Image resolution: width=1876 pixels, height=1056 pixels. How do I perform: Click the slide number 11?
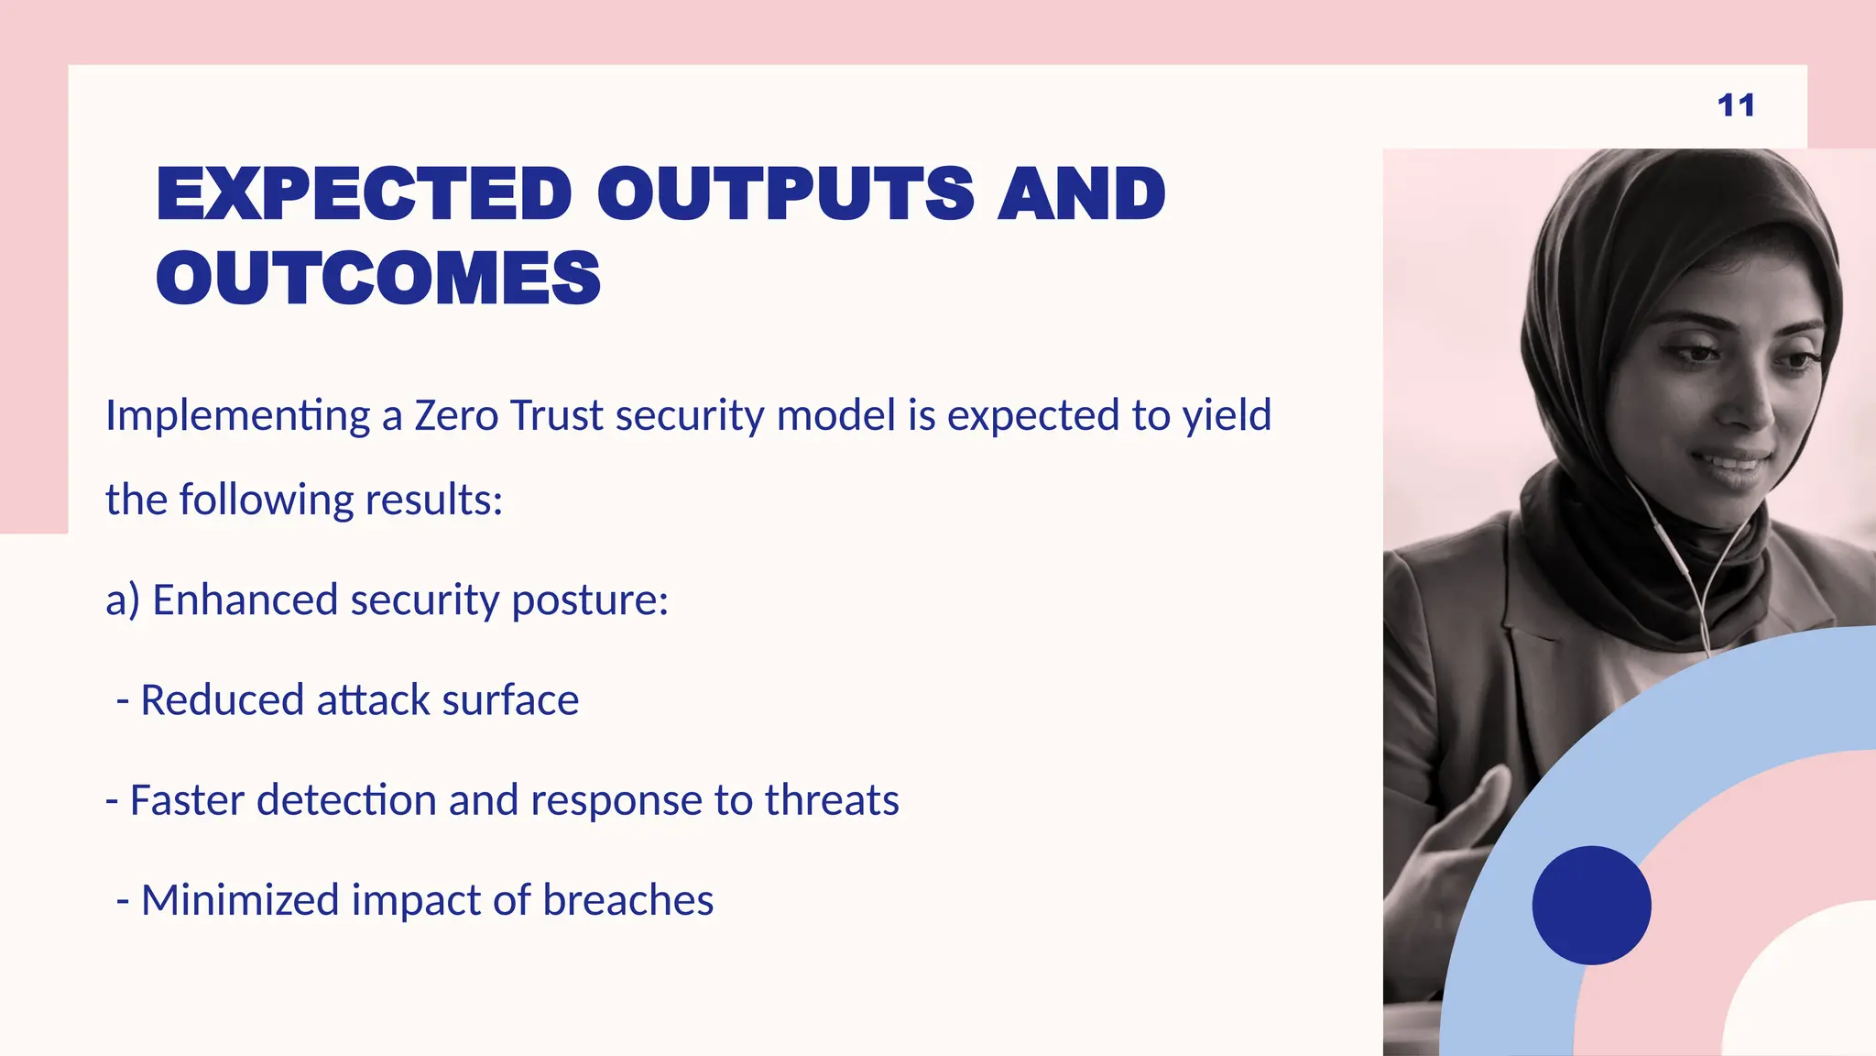tap(1736, 105)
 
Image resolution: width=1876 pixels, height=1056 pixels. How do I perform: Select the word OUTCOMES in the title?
tap(378, 278)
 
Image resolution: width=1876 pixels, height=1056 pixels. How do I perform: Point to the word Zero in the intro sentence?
tap(456, 415)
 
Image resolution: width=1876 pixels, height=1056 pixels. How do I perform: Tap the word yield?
tap(1227, 417)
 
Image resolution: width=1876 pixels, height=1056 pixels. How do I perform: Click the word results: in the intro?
tap(433, 500)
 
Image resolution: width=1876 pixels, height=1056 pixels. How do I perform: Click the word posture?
tap(590, 601)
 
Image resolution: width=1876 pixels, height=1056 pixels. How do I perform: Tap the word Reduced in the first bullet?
tap(222, 700)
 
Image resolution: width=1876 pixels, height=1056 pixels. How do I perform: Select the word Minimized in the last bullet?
tap(240, 900)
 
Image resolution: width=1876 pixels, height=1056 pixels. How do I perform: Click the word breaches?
tap(627, 900)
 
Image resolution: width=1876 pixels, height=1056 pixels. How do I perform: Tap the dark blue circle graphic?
tap(1591, 905)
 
